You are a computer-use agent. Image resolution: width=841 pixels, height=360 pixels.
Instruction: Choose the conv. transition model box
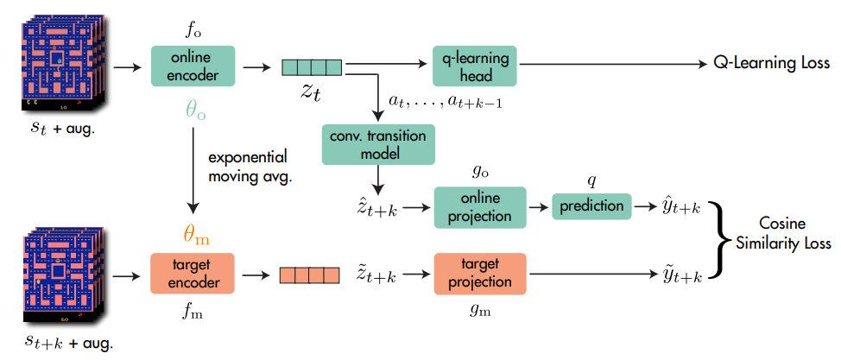coord(378,145)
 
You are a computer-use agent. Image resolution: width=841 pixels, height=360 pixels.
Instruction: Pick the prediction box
coord(592,207)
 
